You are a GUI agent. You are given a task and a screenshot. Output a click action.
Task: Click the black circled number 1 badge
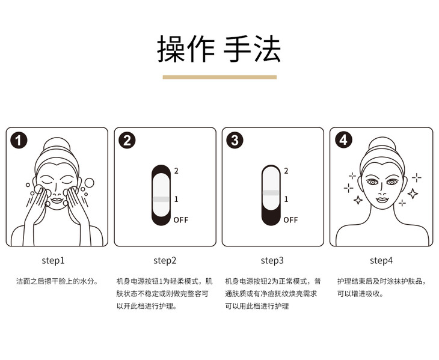click(x=19, y=140)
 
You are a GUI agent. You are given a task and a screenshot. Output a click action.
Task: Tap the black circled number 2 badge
click(x=127, y=140)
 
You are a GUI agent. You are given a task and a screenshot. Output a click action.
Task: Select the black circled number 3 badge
click(x=235, y=140)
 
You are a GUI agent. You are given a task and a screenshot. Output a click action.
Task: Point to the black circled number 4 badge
click(x=343, y=140)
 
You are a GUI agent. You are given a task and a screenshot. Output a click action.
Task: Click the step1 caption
click(x=53, y=261)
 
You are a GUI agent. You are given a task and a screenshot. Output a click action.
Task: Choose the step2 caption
click(x=165, y=261)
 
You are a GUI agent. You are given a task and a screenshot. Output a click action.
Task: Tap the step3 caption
click(x=272, y=261)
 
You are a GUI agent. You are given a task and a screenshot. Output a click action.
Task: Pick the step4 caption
click(x=381, y=261)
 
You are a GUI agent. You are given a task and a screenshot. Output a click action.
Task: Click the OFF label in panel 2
click(x=181, y=220)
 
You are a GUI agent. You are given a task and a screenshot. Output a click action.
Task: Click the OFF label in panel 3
click(x=290, y=220)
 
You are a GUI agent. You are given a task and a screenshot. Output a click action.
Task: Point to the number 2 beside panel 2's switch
click(x=176, y=171)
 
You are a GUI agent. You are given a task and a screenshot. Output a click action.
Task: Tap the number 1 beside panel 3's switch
click(x=286, y=199)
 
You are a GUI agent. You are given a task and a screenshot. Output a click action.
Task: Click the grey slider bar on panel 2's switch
click(x=161, y=199)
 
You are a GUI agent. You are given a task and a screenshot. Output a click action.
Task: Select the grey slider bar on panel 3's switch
click(x=271, y=193)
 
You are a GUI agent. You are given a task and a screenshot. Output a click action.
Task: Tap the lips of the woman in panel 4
click(x=382, y=200)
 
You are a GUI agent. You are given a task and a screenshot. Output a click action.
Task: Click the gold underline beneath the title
click(x=219, y=77)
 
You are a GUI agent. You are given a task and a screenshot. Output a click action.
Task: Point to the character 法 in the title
click(x=268, y=49)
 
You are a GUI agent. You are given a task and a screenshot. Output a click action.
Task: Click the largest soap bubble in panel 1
click(x=90, y=183)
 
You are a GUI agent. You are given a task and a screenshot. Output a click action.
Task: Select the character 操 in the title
click(x=171, y=49)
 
